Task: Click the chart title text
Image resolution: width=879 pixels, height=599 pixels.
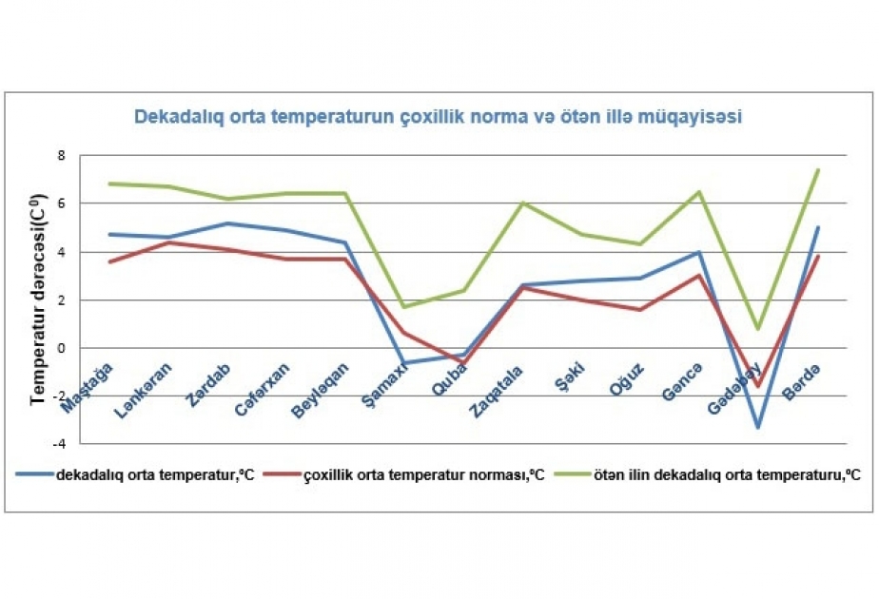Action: [438, 117]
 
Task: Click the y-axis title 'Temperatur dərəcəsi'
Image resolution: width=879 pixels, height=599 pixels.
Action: [38, 299]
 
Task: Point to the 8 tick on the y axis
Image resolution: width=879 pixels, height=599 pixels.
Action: [62, 156]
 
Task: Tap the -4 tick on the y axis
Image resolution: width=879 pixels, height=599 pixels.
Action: [58, 444]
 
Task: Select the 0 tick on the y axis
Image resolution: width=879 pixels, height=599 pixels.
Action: [62, 348]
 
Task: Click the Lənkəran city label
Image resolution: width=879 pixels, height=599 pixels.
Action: [143, 391]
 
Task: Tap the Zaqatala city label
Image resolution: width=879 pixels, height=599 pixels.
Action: [496, 393]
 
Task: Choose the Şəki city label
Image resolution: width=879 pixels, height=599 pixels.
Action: [569, 376]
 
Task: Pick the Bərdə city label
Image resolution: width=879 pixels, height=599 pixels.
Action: [801, 382]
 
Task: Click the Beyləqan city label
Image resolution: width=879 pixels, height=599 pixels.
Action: [320, 391]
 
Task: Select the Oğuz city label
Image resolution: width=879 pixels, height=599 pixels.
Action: [627, 379]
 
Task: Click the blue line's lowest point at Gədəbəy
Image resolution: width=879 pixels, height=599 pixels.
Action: [758, 428]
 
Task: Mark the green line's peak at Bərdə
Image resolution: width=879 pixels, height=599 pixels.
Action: [817, 170]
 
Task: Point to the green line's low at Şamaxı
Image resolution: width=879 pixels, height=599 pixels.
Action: [404, 307]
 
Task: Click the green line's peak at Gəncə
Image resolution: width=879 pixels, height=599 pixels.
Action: [699, 192]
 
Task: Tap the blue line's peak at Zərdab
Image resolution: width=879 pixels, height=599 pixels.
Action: [227, 223]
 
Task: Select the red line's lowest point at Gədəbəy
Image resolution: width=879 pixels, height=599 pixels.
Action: [758, 386]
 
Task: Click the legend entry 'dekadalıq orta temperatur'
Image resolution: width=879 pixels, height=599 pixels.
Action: [135, 475]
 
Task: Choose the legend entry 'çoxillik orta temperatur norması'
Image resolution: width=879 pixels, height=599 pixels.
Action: [403, 475]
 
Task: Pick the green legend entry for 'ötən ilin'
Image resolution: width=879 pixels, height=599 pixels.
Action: [708, 475]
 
